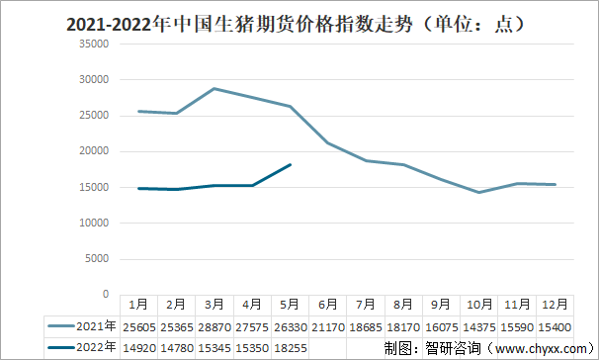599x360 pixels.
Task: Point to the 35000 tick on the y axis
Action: [93, 44]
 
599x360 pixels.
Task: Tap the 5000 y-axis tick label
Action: [96, 259]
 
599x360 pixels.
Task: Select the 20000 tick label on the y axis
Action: [93, 151]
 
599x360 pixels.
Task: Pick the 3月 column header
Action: [213, 305]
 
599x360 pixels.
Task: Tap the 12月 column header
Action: [555, 305]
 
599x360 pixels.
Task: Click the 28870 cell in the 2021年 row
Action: [213, 325]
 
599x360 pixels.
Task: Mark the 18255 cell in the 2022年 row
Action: [289, 346]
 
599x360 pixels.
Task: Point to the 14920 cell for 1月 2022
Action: [137, 346]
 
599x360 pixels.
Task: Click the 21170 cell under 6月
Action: [327, 325]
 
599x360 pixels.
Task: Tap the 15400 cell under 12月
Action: [555, 325]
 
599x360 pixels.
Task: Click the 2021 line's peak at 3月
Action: [213, 88]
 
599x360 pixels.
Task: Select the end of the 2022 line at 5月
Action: [289, 164]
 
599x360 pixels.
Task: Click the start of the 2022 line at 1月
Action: [137, 188]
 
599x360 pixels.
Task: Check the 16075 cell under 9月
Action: [441, 325]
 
